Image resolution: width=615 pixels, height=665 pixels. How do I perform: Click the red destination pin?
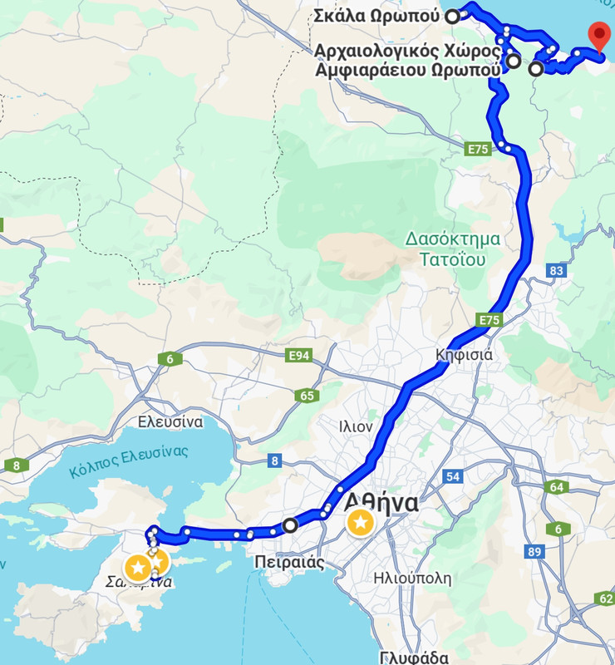[x=598, y=37]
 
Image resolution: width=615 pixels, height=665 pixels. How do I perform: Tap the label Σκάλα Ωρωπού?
[x=376, y=16]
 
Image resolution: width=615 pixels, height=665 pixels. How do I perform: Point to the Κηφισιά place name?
[x=465, y=355]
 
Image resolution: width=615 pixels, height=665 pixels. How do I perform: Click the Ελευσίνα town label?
[x=170, y=421]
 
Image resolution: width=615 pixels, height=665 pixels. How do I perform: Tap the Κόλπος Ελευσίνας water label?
[x=129, y=461]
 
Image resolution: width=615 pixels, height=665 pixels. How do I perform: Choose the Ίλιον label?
[x=355, y=426]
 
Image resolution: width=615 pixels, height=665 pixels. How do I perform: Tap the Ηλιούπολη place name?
[x=412, y=578]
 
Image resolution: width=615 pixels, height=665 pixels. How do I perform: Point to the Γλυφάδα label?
[x=416, y=656]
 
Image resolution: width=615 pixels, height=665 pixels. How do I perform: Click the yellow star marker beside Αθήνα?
[x=360, y=523]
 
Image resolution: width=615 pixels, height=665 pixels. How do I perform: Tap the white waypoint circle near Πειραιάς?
[x=289, y=525]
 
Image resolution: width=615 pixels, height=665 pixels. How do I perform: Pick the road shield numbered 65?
[x=306, y=396]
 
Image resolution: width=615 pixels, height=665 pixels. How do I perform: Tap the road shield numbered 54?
[x=453, y=476]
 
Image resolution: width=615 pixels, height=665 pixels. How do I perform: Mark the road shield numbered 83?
[x=556, y=271]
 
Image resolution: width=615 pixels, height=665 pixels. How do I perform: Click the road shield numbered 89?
[x=534, y=551]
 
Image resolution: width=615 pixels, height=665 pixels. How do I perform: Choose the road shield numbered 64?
[x=556, y=486]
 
